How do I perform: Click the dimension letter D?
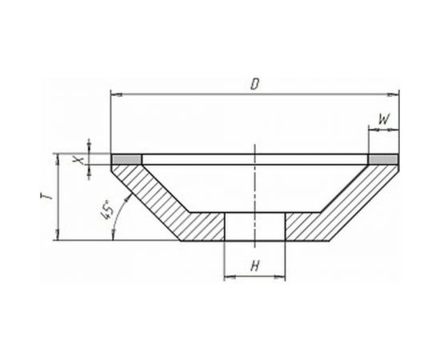click(x=254, y=84)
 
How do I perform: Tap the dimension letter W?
click(x=384, y=119)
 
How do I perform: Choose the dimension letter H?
click(x=254, y=266)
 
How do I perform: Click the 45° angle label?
click(x=108, y=210)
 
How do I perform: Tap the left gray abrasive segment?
click(x=126, y=160)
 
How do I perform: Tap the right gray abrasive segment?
click(x=383, y=160)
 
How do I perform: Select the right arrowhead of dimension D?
click(x=393, y=95)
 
